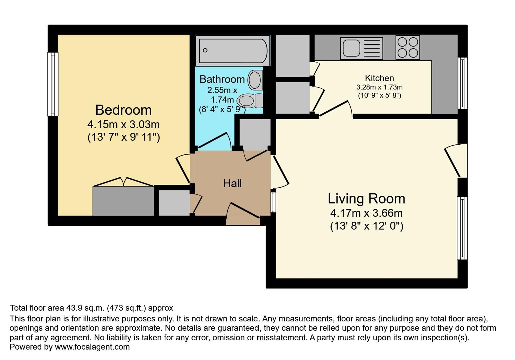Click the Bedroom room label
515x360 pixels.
tap(123, 110)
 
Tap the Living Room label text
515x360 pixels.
tap(366, 199)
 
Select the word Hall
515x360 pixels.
tap(232, 184)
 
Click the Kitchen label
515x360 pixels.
tap(379, 78)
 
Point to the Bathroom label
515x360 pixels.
tap(222, 79)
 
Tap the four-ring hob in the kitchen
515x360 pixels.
tap(408, 47)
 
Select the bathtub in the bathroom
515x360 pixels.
tap(232, 51)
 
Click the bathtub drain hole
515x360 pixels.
tap(205, 50)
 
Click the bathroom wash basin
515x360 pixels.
tap(255, 80)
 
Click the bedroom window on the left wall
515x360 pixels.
tap(53, 84)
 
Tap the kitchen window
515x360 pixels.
tap(463, 83)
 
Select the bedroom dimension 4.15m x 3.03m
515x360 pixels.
tap(123, 125)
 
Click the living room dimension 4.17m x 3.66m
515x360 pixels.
tap(366, 213)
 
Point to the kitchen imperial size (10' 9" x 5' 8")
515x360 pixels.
tap(379, 95)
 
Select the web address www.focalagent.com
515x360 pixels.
tap(92, 347)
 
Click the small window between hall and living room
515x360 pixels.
tap(273, 202)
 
